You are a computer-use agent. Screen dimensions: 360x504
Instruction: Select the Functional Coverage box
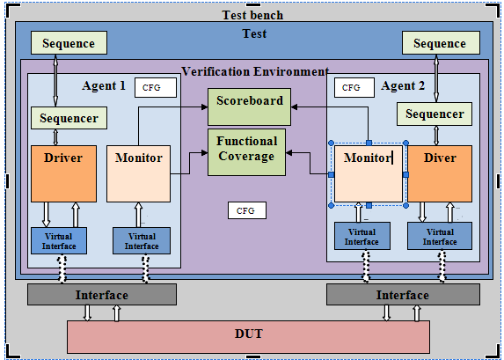246,151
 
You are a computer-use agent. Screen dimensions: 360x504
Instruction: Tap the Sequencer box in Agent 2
435,114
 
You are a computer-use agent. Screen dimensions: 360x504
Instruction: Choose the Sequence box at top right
440,43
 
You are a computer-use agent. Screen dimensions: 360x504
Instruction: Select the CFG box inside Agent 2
352,88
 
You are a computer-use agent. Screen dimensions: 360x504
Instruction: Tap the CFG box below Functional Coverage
246,210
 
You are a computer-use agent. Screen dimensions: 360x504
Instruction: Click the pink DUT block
249,334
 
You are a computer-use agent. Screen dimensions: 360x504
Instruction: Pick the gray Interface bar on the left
101,295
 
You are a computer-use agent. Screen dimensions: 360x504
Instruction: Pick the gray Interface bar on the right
391,295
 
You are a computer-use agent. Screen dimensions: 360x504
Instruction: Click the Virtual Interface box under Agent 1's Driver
58,240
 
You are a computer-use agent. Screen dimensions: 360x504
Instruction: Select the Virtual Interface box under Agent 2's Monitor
362,237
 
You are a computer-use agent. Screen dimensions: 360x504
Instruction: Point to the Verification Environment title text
255,71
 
